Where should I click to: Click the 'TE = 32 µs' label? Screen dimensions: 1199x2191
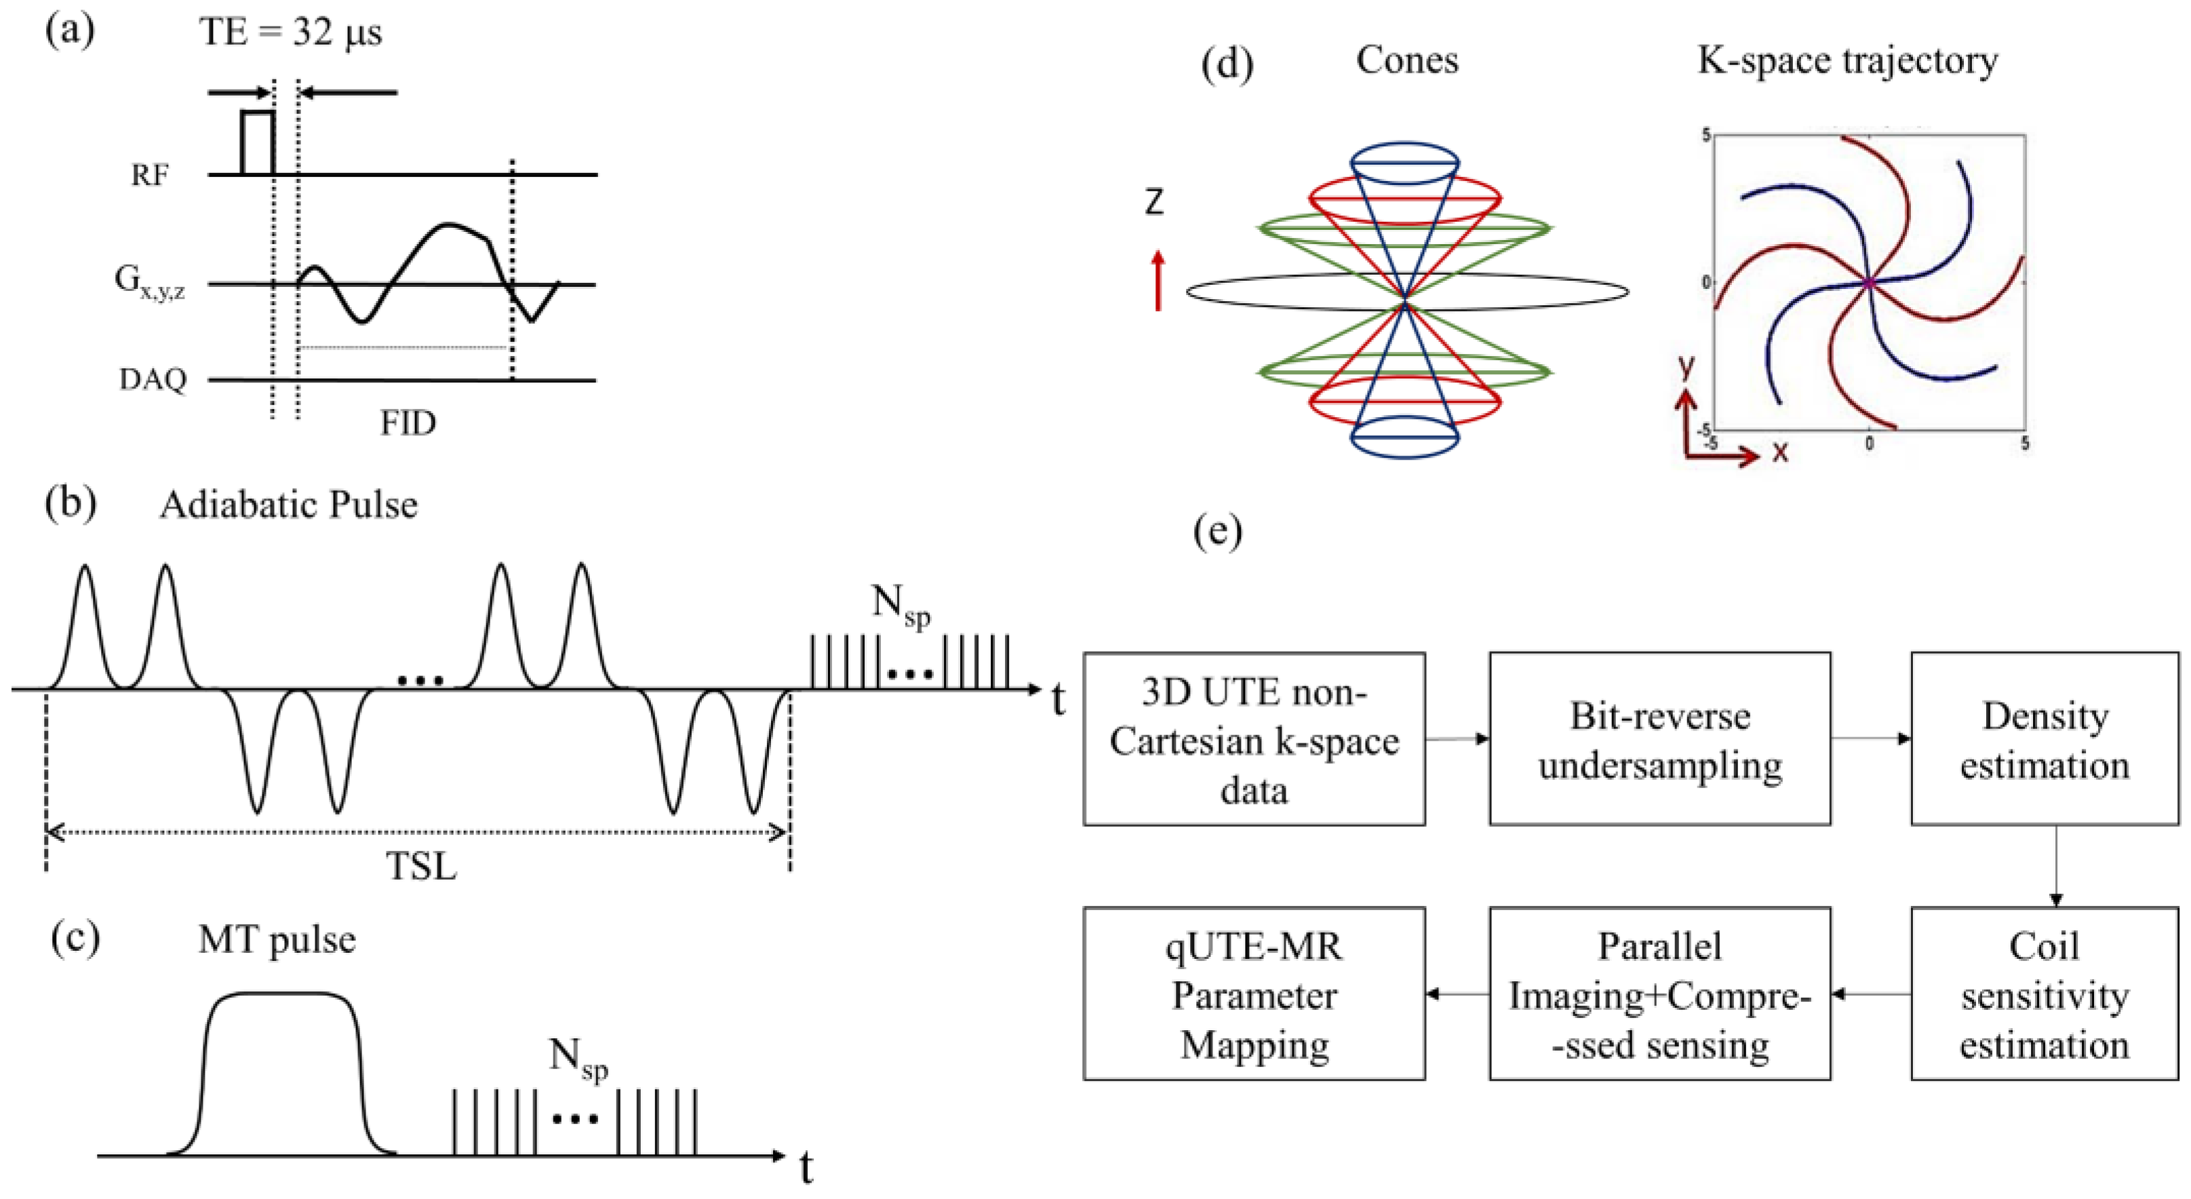(x=290, y=33)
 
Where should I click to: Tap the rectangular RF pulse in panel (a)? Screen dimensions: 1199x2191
(x=258, y=141)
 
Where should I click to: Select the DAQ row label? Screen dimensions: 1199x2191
(x=153, y=379)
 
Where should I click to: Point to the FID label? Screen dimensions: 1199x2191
(x=408, y=422)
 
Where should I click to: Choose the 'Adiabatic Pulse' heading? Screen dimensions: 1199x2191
(x=288, y=505)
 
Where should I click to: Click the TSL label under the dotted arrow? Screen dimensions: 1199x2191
(x=421, y=865)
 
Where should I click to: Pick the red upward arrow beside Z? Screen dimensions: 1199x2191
(x=1158, y=281)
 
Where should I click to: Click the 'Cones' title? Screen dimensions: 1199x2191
(x=1407, y=60)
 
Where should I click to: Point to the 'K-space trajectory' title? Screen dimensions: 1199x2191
(x=1847, y=60)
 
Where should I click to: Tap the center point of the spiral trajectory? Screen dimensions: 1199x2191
(x=1869, y=281)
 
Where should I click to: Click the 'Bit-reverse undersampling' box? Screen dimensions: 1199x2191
(x=1659, y=739)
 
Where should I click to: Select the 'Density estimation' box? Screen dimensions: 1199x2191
(x=2044, y=739)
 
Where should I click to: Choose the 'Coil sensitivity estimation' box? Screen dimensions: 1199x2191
(x=2044, y=994)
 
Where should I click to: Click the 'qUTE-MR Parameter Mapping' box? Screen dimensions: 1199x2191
(x=1254, y=994)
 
